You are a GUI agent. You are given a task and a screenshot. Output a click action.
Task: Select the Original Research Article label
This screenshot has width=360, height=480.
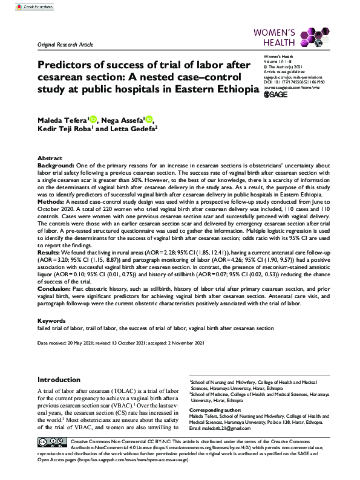(66, 45)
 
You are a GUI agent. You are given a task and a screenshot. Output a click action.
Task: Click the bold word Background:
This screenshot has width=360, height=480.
(55, 165)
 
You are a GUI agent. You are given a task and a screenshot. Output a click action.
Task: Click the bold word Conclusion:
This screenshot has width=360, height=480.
(55, 288)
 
